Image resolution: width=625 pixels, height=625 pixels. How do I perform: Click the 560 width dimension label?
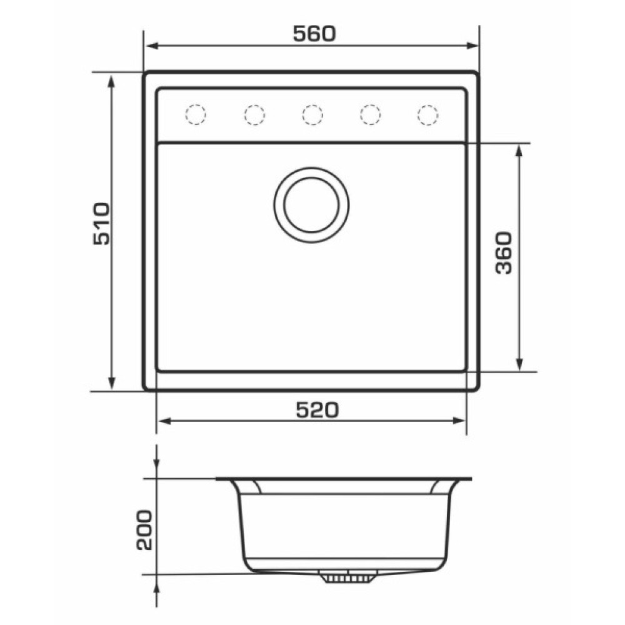314,34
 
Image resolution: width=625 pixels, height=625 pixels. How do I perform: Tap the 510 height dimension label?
101,224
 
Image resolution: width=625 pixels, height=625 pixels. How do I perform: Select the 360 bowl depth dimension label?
503,252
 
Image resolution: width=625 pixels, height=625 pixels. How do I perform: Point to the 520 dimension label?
317,410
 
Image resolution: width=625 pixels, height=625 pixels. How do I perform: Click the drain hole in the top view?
312,205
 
